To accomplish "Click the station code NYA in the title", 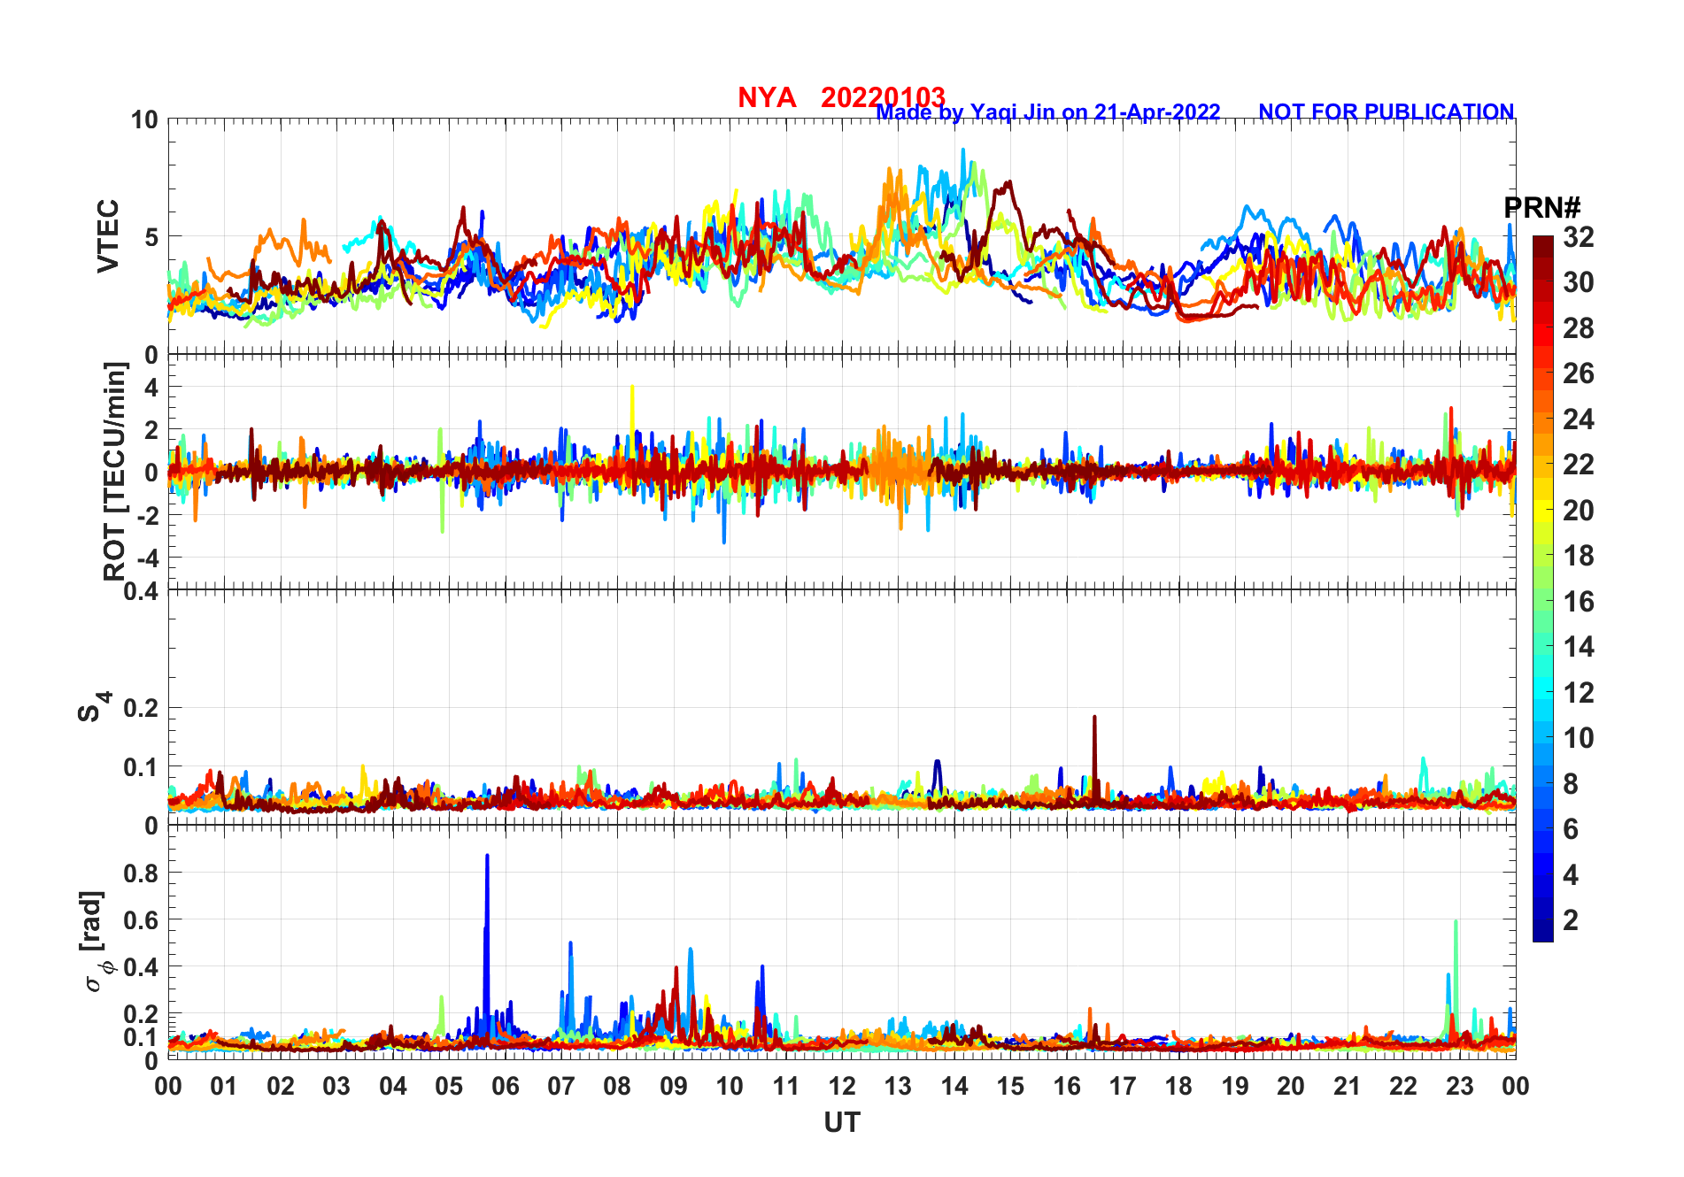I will click(766, 97).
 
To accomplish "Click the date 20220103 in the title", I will click(883, 97).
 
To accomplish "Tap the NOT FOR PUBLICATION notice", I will click(1386, 112).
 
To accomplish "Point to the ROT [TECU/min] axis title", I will click(115, 471).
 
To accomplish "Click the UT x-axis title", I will click(841, 1122).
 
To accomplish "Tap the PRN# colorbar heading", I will click(1541, 208).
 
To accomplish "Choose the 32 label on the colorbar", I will click(1578, 237).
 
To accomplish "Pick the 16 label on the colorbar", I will click(1578, 602).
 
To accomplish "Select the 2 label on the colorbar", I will click(1571, 920).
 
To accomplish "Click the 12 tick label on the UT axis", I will click(842, 1086).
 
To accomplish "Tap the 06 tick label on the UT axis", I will click(505, 1086).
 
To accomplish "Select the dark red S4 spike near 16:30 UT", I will click(1094, 719).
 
